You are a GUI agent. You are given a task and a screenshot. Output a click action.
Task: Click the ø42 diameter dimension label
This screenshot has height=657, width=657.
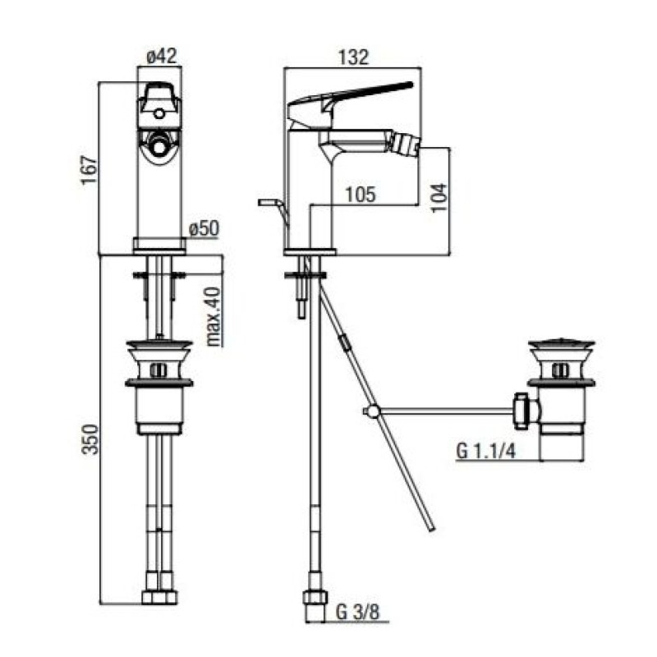162,56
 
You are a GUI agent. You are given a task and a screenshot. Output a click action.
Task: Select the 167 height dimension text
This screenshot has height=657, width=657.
90,170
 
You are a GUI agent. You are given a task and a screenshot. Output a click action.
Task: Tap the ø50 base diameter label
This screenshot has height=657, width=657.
204,229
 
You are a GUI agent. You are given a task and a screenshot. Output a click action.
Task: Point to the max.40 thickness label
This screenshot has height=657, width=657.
214,316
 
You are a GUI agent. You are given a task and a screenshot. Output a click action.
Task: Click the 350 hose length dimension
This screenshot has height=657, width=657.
90,439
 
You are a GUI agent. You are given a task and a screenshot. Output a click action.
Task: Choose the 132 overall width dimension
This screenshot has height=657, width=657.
353,57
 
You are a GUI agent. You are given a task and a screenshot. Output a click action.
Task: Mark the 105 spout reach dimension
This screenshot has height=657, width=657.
361,195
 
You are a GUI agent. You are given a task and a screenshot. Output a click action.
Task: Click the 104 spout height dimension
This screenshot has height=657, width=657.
439,198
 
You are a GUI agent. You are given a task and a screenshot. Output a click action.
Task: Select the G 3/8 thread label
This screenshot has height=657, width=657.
357,612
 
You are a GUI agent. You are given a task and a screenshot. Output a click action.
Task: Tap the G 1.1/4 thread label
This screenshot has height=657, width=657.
486,451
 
